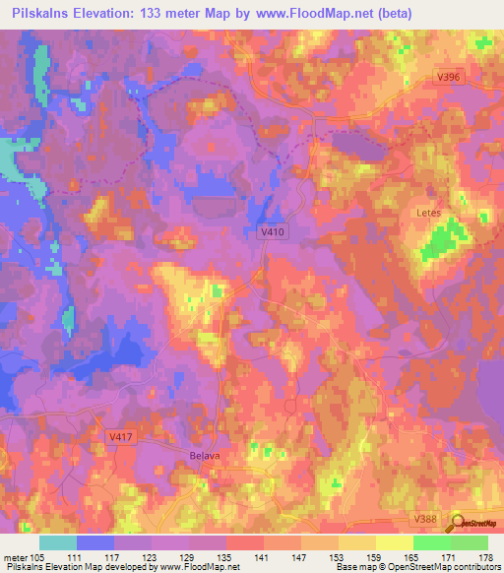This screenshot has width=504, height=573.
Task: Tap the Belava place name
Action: point(203,456)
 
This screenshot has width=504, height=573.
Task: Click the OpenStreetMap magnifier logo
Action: point(459,522)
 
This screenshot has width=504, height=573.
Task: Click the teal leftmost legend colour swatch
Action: point(57,542)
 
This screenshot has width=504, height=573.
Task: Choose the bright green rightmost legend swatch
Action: point(470,542)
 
